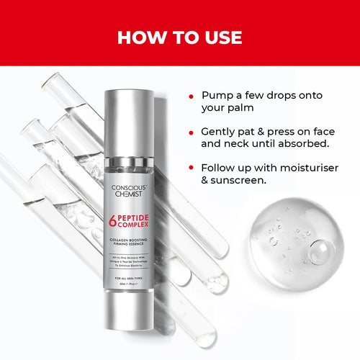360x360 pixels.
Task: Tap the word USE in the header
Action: pyautogui.click(x=219, y=37)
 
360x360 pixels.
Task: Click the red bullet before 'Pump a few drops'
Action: pyautogui.click(x=191, y=96)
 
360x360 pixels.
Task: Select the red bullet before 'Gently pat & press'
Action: pyautogui.click(x=191, y=132)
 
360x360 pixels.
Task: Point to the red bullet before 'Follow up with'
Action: pyautogui.click(x=191, y=167)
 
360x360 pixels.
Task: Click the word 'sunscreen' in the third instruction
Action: pyautogui.click(x=245, y=180)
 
